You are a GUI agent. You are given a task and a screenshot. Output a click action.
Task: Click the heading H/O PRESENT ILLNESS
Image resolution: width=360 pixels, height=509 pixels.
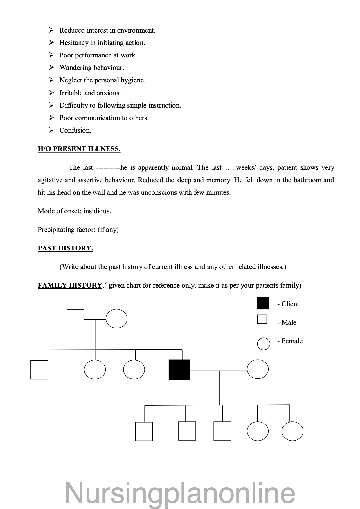[79, 149]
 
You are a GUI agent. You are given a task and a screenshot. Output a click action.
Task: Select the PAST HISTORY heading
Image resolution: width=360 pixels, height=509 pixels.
[65, 248]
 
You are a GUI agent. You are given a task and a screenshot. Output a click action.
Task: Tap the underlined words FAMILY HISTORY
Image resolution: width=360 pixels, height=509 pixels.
[70, 285]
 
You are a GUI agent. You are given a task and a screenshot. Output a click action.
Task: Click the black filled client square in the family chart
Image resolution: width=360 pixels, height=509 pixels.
[179, 370]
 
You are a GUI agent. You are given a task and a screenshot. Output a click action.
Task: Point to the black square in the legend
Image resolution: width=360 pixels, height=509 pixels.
[263, 303]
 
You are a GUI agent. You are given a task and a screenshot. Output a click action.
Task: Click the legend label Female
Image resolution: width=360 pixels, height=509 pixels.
[292, 341]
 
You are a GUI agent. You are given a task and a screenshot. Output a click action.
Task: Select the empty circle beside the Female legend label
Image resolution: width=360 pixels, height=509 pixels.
[263, 344]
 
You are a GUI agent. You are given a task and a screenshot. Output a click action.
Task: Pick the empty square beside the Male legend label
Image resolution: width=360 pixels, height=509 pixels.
[262, 319]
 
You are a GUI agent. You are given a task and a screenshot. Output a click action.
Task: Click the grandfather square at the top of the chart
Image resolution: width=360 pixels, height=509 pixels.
[75, 319]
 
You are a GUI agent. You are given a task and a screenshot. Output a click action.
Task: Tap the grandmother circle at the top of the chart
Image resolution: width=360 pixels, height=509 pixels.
[116, 319]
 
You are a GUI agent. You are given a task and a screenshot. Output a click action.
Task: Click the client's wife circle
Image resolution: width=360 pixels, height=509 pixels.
[258, 369]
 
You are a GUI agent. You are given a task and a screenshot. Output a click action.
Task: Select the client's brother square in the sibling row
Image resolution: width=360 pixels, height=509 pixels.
[39, 370]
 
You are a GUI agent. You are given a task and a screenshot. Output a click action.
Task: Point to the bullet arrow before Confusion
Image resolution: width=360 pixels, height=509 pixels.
[52, 130]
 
